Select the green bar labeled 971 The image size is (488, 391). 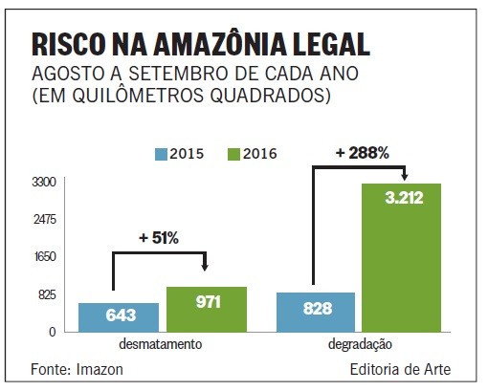coord(207,309)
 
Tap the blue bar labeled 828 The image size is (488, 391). coord(315,312)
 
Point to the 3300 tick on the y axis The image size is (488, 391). coord(47,182)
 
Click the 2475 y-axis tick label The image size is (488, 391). coord(47,219)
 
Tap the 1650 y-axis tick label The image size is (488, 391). coord(47,256)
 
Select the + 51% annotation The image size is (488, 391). coord(159,238)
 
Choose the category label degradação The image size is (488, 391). coord(358,344)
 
